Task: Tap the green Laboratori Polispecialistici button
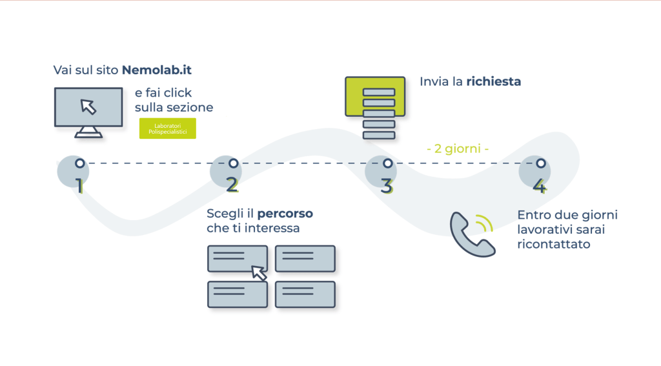pos(167,128)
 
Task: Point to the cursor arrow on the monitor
pos(88,107)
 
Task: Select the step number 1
pos(79,186)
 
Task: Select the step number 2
pos(232,186)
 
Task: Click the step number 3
pos(386,186)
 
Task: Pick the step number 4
pos(540,186)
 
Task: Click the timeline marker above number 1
pos(79,163)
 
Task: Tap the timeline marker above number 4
pos(541,163)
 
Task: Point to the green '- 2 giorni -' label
pos(458,148)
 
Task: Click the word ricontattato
pos(554,245)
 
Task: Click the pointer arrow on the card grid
pos(259,272)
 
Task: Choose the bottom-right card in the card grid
pos(305,294)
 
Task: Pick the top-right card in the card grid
pos(305,258)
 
